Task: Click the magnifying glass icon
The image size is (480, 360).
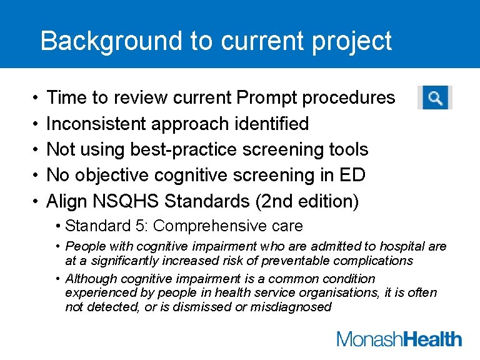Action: (435, 98)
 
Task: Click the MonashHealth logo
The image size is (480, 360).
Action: (399, 339)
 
